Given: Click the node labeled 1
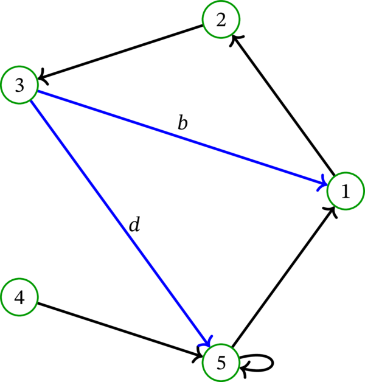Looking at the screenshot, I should point(346,192).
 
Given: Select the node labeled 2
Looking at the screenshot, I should point(221,19).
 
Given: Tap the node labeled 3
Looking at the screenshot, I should point(19,86).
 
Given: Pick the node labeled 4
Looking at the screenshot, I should point(19,298).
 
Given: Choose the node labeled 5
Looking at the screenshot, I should point(221,363).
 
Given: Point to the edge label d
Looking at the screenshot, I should point(134,225).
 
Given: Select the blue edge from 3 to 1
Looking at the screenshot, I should point(182,139).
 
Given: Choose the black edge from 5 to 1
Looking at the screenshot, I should point(283,277).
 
